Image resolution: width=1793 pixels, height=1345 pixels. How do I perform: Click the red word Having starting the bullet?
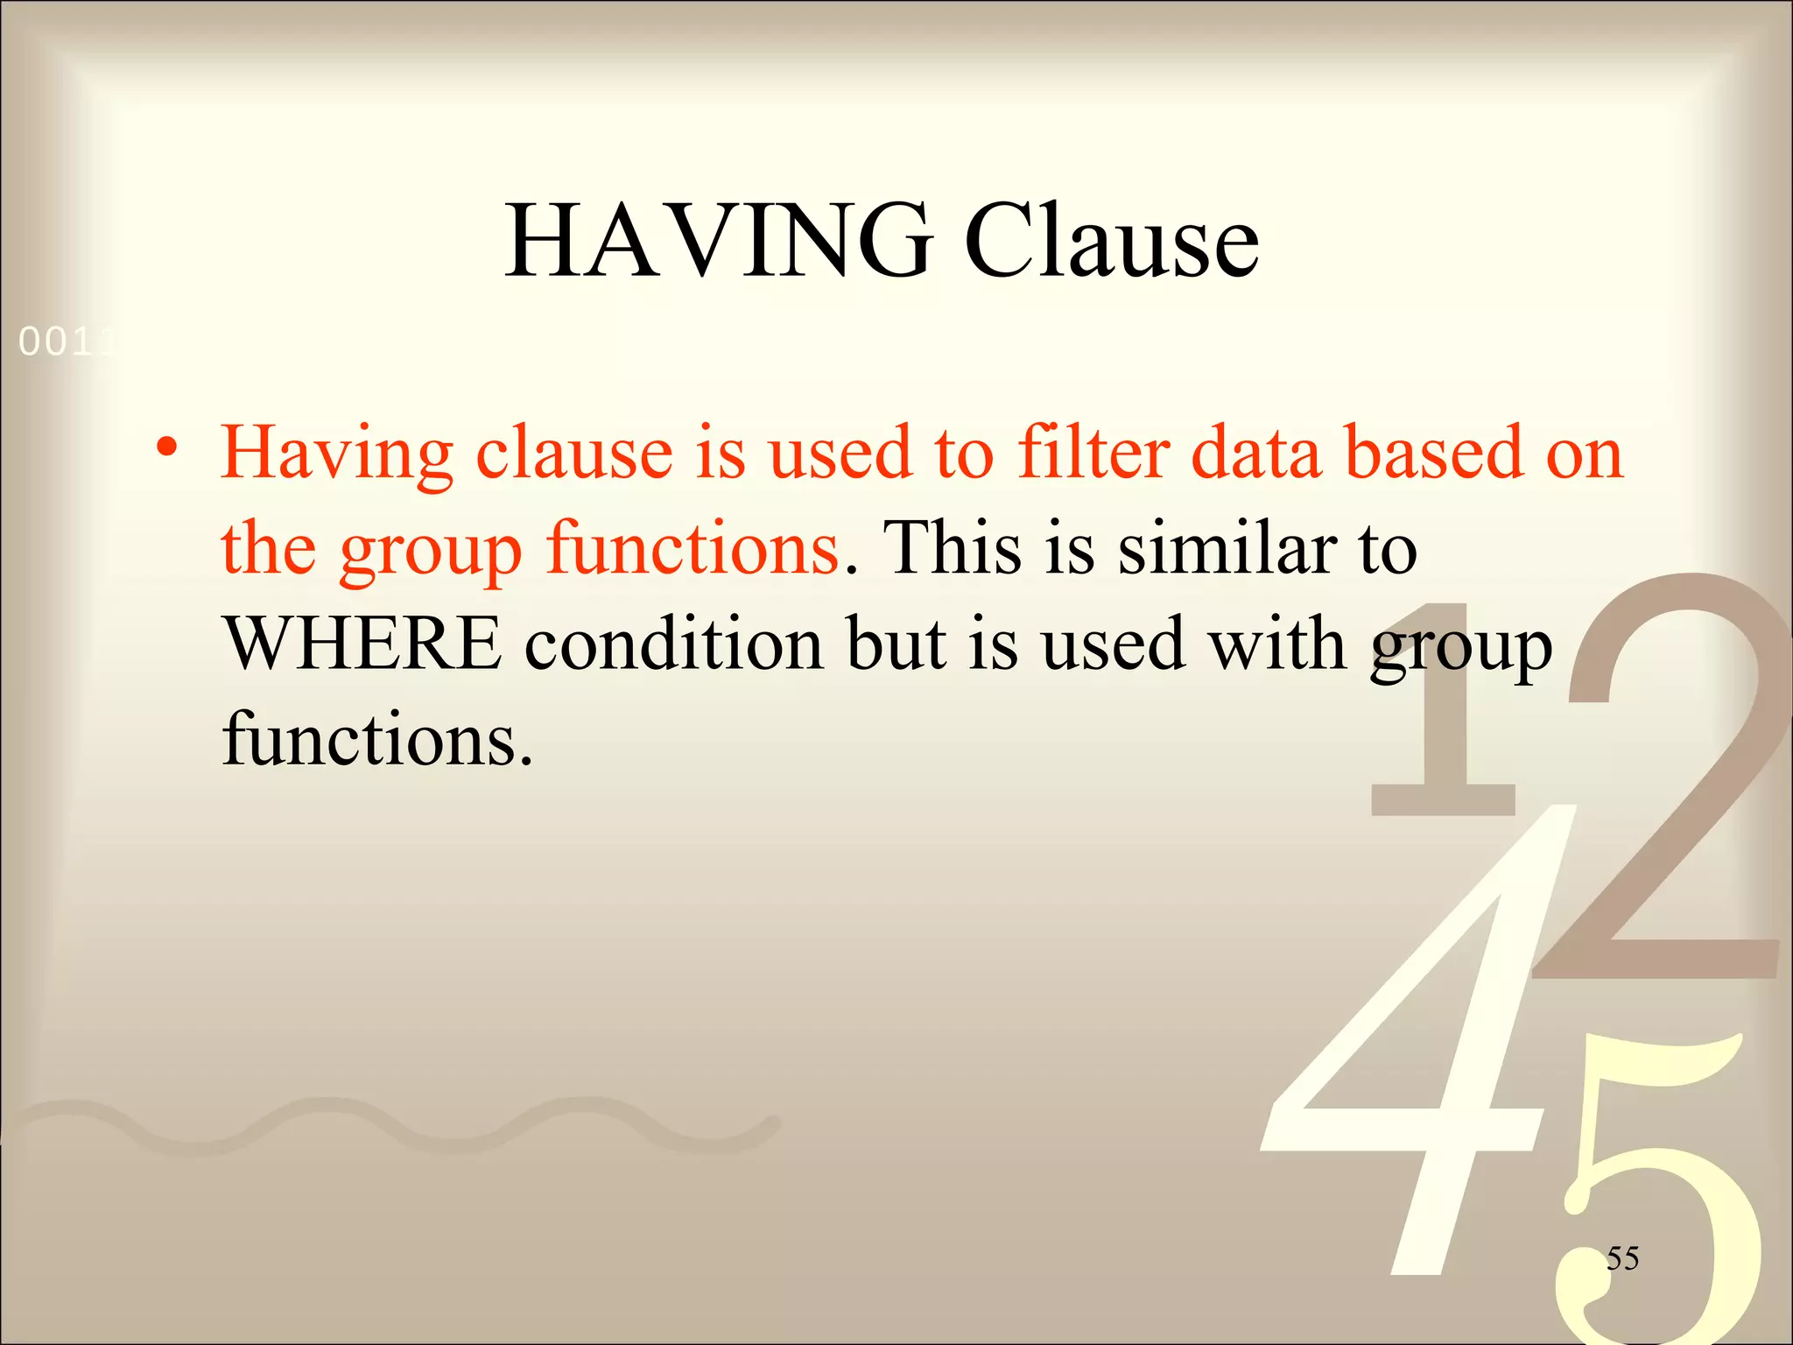pos(336,454)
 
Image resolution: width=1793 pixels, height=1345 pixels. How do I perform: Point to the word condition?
pos(674,644)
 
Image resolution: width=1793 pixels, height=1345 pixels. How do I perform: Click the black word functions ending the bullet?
pos(376,739)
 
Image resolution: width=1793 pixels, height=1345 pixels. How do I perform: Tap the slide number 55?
pos(1622,1258)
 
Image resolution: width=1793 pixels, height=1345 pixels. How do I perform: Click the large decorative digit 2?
pos(1663,788)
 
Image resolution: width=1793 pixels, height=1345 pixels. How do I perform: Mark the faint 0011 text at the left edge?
pos(66,342)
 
